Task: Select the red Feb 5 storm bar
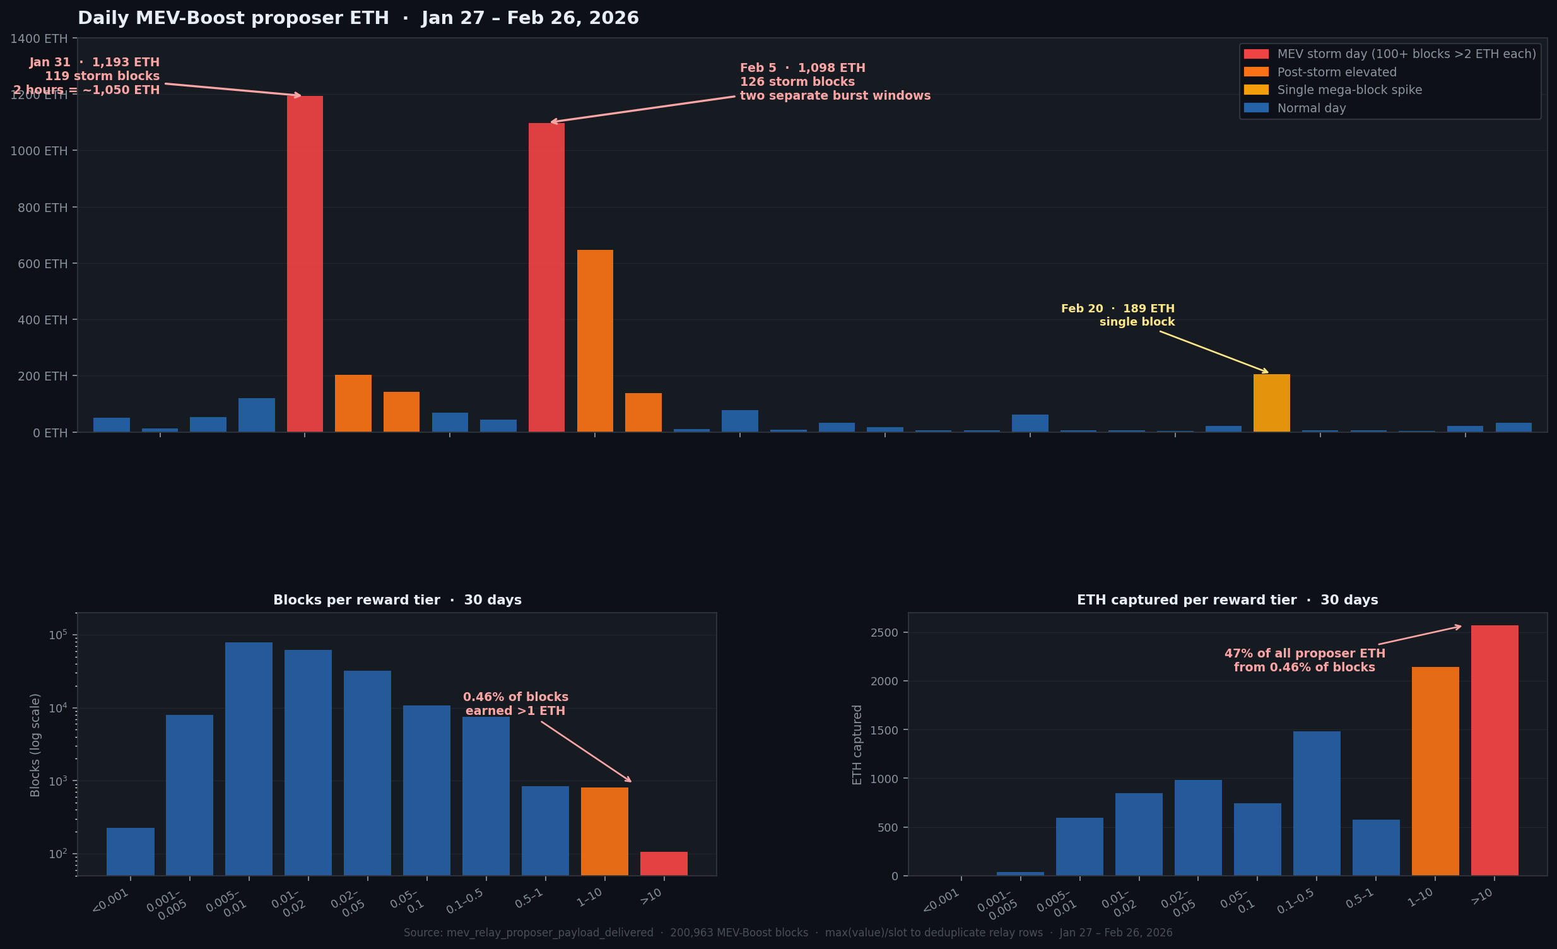pos(546,278)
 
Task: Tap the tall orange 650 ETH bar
pos(595,341)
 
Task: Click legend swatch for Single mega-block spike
pos(1255,90)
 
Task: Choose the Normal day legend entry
pos(1311,108)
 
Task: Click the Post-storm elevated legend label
pos(1336,72)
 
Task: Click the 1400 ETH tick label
pos(38,38)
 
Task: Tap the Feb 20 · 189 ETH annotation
pos(1117,309)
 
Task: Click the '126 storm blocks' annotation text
pos(797,81)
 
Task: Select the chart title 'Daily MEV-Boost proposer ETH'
pos(233,18)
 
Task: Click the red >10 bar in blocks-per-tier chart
pos(664,863)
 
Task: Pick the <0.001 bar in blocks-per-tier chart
pos(130,851)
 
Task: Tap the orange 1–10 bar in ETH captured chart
pos(1435,771)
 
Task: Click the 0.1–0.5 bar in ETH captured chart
pos(1316,803)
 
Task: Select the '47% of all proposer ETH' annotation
pos(1304,653)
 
